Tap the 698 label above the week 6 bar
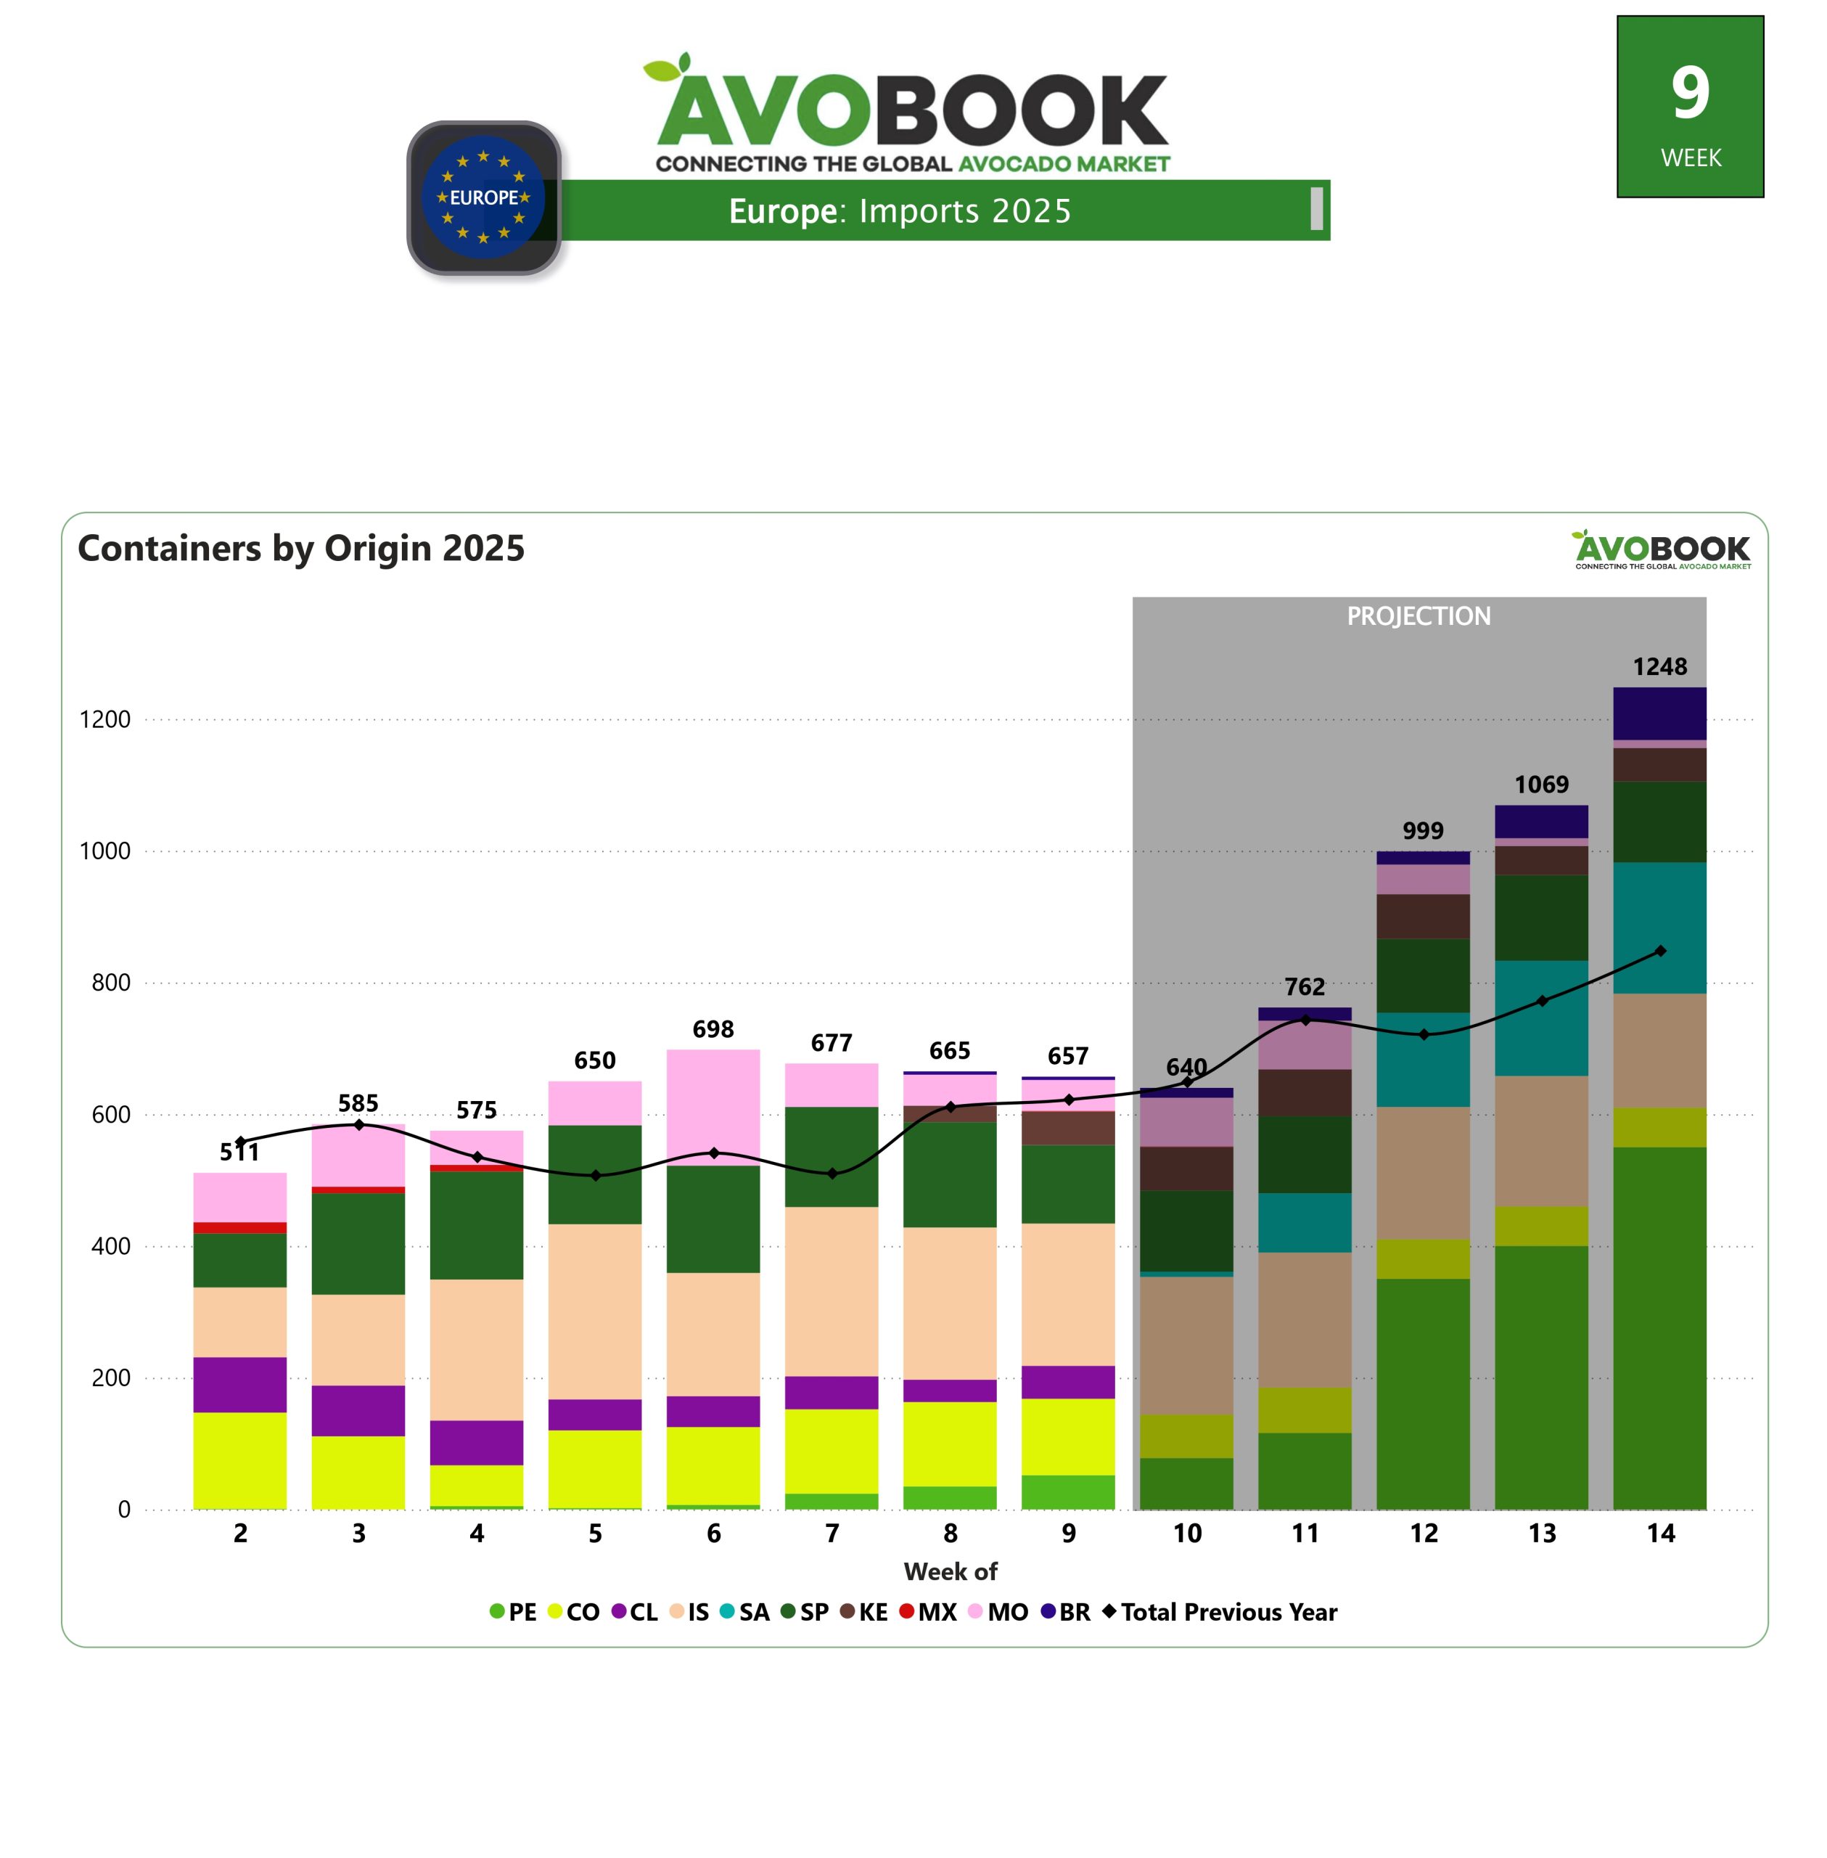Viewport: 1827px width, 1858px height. coord(713,1029)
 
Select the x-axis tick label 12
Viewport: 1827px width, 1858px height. coord(1423,1534)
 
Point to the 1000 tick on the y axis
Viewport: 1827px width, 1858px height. coord(104,851)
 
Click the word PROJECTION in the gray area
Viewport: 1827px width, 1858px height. coord(1419,616)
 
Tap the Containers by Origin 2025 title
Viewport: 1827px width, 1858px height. coord(301,548)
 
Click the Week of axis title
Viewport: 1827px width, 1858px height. coord(950,1571)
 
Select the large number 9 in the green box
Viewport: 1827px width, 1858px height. coord(1690,93)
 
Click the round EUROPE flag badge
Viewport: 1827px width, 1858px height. coord(484,197)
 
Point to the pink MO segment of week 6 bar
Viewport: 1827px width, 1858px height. coord(713,1107)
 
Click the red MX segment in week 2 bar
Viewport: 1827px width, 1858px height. coord(240,1227)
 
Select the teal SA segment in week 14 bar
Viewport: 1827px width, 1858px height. coord(1659,927)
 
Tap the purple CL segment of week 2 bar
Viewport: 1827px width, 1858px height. coord(240,1384)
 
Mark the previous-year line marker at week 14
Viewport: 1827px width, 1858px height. coord(1660,951)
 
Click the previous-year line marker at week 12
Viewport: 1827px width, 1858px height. coord(1424,1034)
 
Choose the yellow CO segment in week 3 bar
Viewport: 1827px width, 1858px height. coord(358,1471)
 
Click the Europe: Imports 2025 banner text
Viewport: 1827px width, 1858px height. coord(899,211)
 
